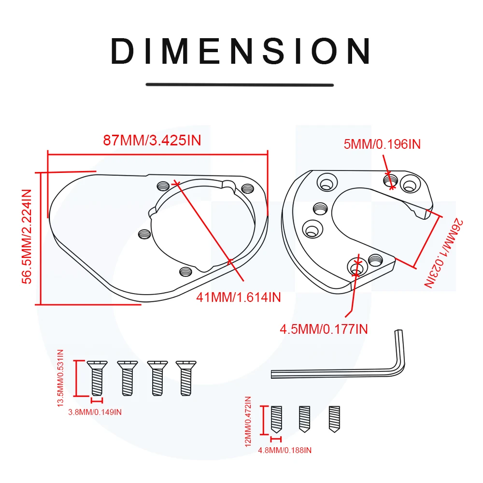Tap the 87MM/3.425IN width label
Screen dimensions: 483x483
(152, 141)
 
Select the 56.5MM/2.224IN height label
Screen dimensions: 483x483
(27, 237)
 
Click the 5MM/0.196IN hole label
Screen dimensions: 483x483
(382, 144)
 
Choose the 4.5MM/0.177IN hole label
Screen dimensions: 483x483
(324, 329)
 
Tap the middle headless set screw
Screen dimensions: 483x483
(304, 418)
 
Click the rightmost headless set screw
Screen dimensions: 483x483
(334, 418)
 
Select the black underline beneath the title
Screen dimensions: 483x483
(240, 85)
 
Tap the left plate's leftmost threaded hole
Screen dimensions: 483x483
(143, 234)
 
